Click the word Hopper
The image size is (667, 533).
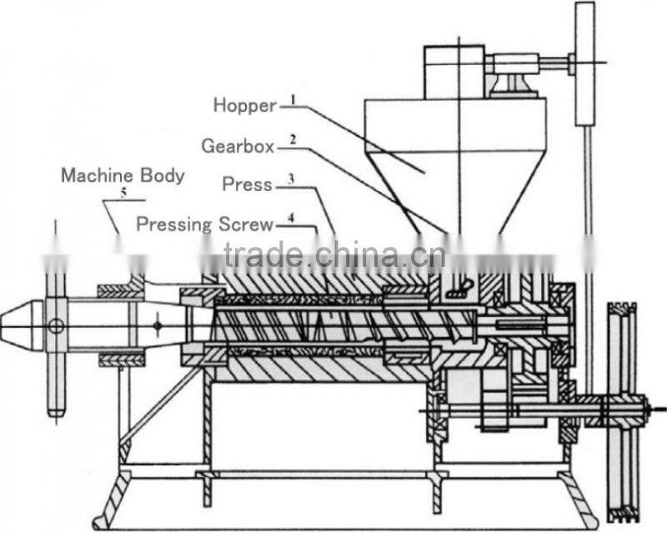coord(243,105)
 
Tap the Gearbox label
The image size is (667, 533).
coord(237,145)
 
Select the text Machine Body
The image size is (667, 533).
coord(122,176)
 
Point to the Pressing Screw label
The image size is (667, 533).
coord(204,224)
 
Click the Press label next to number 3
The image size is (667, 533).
coord(247,184)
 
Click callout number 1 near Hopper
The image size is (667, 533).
coord(293,99)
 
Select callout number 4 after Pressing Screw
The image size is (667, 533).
coord(290,219)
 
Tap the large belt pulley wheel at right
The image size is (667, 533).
coord(621,408)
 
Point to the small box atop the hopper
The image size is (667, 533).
coord(454,72)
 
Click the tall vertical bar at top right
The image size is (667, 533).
coord(584,63)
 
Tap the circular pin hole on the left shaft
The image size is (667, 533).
coord(56,325)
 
